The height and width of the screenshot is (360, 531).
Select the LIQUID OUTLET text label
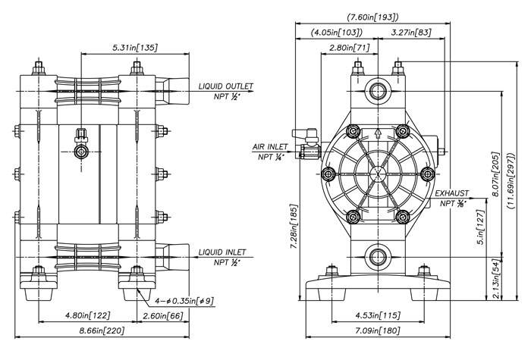click(x=225, y=86)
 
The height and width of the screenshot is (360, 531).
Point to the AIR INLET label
click(x=269, y=146)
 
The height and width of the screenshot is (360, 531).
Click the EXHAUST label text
click(x=452, y=194)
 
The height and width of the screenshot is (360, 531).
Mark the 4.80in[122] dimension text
click(x=86, y=315)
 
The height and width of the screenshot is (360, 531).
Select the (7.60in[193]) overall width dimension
click(x=372, y=17)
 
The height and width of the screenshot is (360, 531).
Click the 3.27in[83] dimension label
click(x=412, y=33)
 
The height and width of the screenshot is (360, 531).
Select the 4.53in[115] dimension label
click(x=377, y=315)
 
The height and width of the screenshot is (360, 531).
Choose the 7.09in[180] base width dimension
click(x=377, y=331)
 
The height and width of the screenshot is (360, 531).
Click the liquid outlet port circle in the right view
click(x=377, y=92)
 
